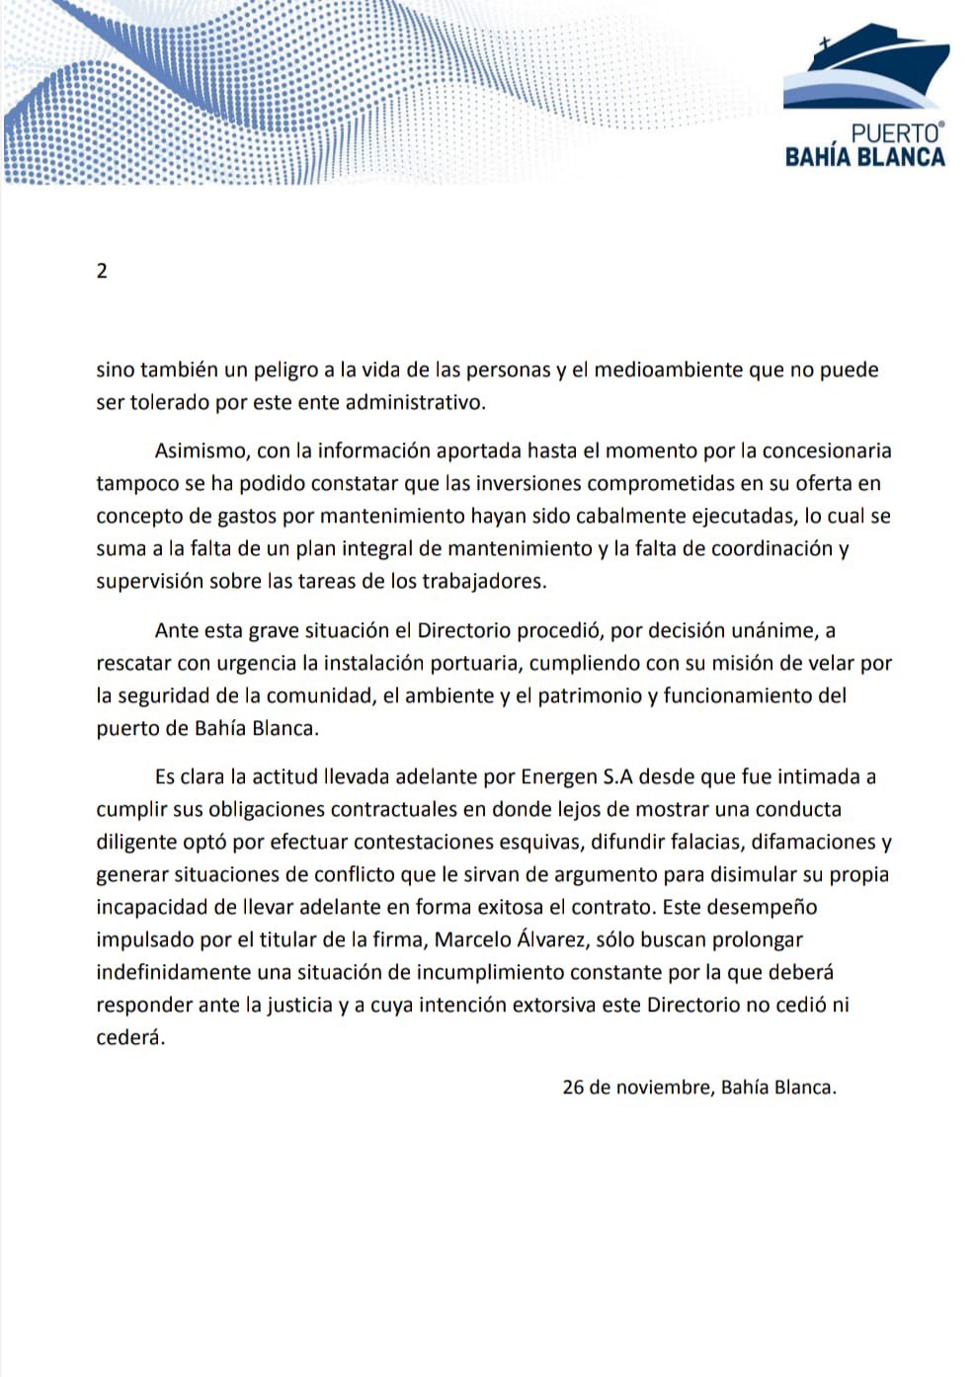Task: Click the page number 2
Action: click(102, 271)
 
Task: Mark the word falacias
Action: click(700, 843)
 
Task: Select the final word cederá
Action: click(129, 1038)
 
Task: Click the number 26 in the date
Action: click(573, 1088)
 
